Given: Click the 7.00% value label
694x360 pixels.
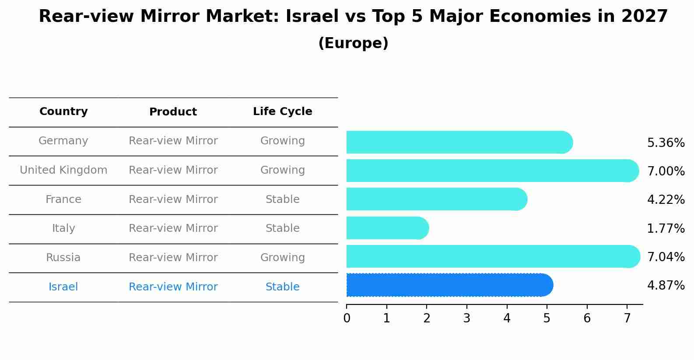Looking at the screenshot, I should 666,171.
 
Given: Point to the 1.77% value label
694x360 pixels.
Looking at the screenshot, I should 666,228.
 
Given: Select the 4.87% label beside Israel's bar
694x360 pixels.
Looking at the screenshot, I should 666,286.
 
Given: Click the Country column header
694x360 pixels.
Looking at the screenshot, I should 63,112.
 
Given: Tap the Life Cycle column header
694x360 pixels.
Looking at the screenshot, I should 282,112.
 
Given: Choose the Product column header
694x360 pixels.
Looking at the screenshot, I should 173,112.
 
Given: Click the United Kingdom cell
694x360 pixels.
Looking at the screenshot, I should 63,170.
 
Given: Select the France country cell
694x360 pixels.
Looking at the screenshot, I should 63,199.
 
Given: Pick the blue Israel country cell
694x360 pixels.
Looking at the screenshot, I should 63,287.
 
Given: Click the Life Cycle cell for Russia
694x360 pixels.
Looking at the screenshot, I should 282,258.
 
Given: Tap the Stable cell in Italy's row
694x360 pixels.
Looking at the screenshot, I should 282,228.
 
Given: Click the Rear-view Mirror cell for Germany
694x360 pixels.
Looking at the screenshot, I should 173,141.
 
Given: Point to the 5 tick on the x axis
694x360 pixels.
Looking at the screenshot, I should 547,318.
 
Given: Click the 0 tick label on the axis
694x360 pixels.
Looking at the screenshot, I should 347,318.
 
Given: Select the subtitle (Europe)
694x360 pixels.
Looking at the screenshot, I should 353,43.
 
